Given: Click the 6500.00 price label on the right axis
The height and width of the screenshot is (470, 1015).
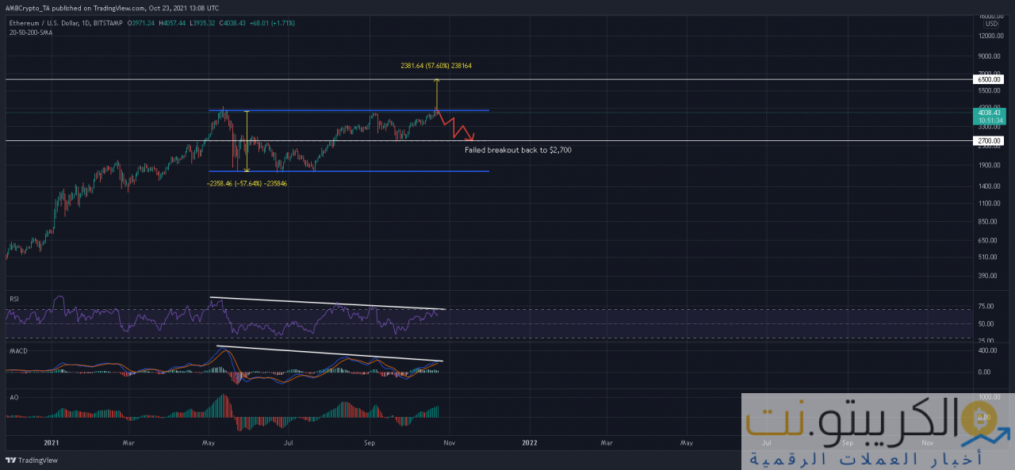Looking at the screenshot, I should click(988, 79).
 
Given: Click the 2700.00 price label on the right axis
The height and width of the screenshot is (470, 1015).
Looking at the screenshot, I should click(988, 140).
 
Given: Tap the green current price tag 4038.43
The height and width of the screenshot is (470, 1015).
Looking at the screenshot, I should click(988, 113).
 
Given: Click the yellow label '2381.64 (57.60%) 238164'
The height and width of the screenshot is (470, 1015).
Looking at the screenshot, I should click(437, 66).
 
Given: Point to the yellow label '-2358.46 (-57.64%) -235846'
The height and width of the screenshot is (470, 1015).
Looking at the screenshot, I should click(247, 182).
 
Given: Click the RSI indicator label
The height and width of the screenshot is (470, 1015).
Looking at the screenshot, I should click(13, 299).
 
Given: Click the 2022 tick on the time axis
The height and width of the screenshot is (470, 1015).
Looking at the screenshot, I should click(529, 443).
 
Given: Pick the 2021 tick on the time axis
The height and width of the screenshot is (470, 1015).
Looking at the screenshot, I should click(51, 443).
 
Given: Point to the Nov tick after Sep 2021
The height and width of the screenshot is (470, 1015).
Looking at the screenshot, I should click(449, 443).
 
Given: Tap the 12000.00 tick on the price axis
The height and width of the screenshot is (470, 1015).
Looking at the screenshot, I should click(988, 36).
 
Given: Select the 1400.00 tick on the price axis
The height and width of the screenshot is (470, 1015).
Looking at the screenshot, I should click(986, 185).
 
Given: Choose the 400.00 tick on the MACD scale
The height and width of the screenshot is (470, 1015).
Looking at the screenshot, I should click(985, 350).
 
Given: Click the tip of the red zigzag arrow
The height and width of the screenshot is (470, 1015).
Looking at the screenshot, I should click(474, 139).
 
